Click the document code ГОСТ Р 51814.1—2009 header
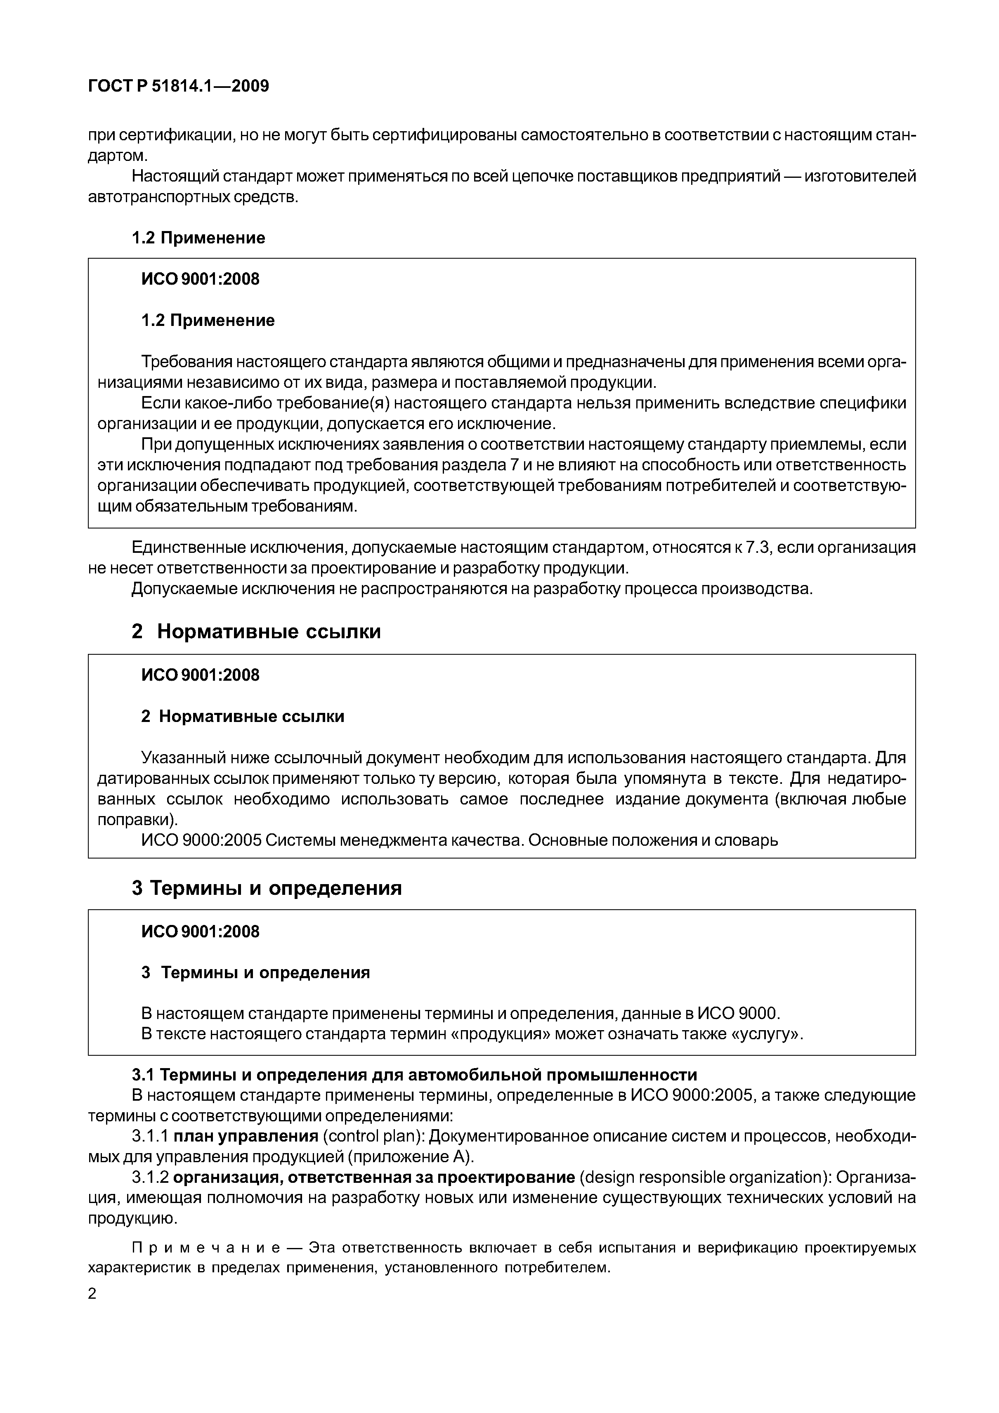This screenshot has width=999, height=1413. point(179,86)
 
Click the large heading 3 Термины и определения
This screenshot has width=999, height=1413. point(267,888)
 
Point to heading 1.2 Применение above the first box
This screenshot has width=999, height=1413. point(198,238)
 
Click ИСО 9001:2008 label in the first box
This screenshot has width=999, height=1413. point(200,279)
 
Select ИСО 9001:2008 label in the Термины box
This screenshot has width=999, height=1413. point(200,932)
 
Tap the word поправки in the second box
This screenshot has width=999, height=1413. point(135,820)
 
